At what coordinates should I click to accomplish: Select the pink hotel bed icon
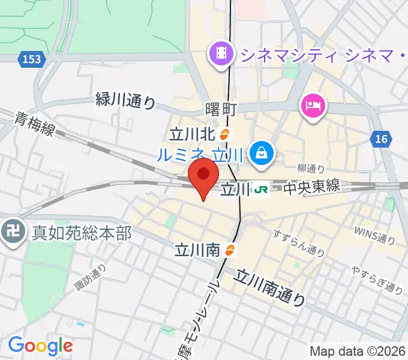[312, 106]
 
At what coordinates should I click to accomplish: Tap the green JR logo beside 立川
[261, 190]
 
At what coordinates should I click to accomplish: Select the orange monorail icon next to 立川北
[225, 134]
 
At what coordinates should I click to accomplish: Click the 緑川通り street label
[125, 101]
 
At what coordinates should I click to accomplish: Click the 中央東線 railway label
[311, 188]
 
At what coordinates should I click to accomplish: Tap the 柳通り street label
[311, 169]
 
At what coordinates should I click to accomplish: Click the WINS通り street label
[374, 234]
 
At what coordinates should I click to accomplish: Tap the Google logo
[40, 346]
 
